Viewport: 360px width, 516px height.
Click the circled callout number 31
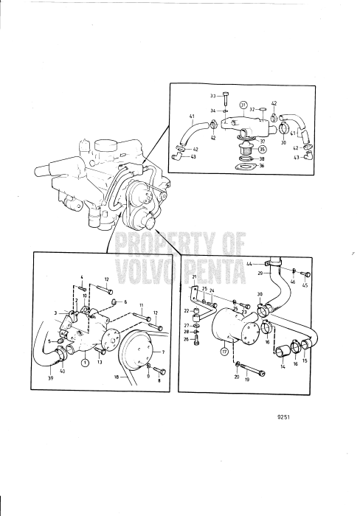[x=243, y=105]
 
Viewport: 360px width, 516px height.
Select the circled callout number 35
[x=262, y=149]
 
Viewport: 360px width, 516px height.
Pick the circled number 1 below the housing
[x=85, y=363]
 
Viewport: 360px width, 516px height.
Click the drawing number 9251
[x=284, y=416]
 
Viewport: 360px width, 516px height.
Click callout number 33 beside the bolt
[x=213, y=96]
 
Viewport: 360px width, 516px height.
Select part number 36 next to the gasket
[x=262, y=166]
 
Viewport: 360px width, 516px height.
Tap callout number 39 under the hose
[x=50, y=377]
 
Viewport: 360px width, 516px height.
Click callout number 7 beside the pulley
[x=163, y=352]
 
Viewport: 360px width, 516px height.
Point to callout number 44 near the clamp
[x=249, y=264]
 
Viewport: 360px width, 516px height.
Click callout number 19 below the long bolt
[x=247, y=379]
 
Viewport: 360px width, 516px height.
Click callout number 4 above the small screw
[x=82, y=276]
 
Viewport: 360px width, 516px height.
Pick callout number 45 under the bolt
[x=305, y=285]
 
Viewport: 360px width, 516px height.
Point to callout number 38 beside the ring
[x=262, y=158]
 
